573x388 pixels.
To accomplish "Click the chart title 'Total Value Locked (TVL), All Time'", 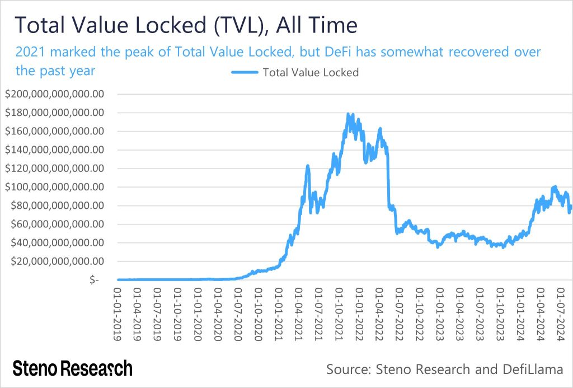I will click(185, 26).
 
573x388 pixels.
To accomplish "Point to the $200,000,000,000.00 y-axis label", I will click(54, 94).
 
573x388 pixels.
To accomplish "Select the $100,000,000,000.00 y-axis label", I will click(54, 187).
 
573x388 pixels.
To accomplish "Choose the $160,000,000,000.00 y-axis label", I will click(54, 132).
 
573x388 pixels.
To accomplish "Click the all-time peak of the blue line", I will click(349, 114).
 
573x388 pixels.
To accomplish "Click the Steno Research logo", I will click(73, 368).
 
